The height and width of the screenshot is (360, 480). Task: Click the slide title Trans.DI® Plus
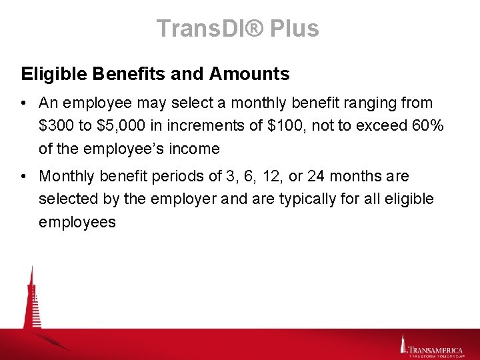238,29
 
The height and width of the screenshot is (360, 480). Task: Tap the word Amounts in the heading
252,74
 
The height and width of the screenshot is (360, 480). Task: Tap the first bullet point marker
23,103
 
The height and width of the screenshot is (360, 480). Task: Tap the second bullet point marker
23,177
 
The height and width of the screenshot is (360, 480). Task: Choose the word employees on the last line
77,222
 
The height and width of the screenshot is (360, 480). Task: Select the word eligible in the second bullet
407,199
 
